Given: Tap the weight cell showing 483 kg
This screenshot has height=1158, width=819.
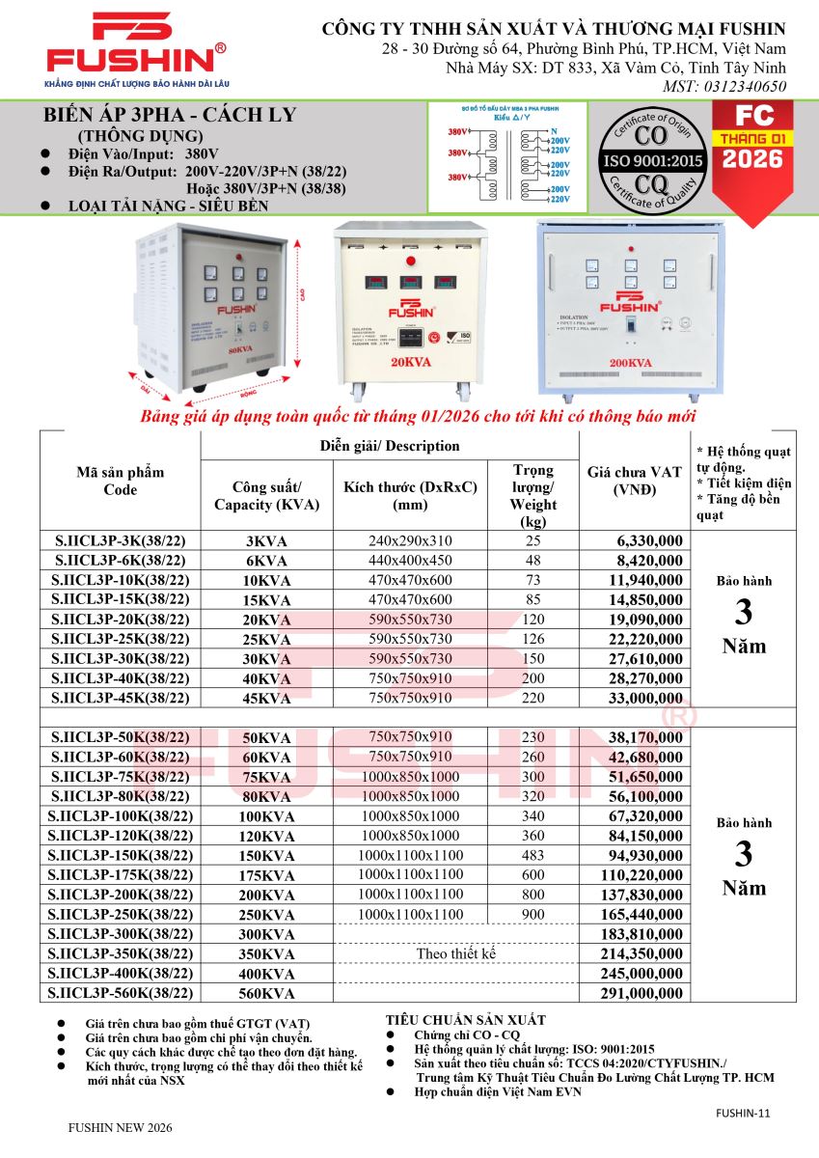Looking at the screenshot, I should [532, 856].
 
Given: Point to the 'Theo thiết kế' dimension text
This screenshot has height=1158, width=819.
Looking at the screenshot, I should [455, 953].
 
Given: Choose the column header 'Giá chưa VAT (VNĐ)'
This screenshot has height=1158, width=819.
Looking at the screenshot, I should [634, 480].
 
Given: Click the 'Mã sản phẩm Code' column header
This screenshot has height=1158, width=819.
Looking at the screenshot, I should [121, 480].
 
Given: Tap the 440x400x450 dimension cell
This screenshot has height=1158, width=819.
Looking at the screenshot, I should [410, 560].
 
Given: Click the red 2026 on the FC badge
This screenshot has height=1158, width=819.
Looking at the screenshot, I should [752, 159].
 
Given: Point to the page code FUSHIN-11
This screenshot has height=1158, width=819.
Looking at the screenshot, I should [743, 1113].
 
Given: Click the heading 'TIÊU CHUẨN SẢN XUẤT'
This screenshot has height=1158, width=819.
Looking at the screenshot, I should [466, 1019].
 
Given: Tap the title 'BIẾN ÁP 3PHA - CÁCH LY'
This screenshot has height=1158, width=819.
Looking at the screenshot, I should [170, 116].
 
